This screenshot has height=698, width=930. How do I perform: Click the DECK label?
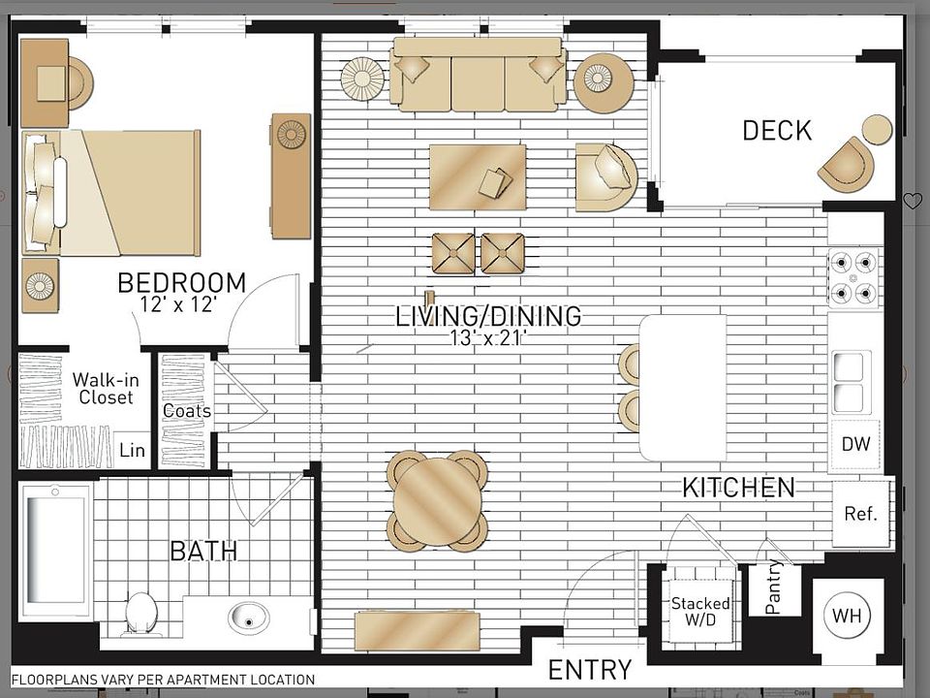click(777, 131)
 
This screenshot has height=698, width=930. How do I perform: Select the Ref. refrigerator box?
click(859, 514)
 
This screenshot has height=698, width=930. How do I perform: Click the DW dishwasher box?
click(854, 445)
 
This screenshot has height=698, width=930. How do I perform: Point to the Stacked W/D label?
click(700, 611)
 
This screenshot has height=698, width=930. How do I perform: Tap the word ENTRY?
click(589, 670)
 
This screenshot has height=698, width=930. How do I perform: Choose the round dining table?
click(437, 501)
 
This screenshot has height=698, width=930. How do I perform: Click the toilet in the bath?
click(141, 613)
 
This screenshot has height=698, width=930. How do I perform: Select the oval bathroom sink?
click(248, 617)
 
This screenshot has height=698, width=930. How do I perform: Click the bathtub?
click(54, 550)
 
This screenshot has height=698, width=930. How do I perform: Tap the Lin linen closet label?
click(132, 451)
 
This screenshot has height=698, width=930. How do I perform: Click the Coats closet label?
click(186, 411)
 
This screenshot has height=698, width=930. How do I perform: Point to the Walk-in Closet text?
click(106, 389)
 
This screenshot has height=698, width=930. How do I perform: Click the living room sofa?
click(478, 75)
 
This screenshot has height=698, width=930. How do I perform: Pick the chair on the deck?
click(846, 164)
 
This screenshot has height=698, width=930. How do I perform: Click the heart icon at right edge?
click(912, 201)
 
